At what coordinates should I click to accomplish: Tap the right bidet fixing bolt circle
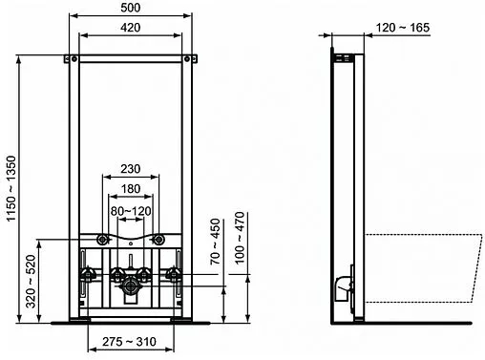(x=164, y=238)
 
